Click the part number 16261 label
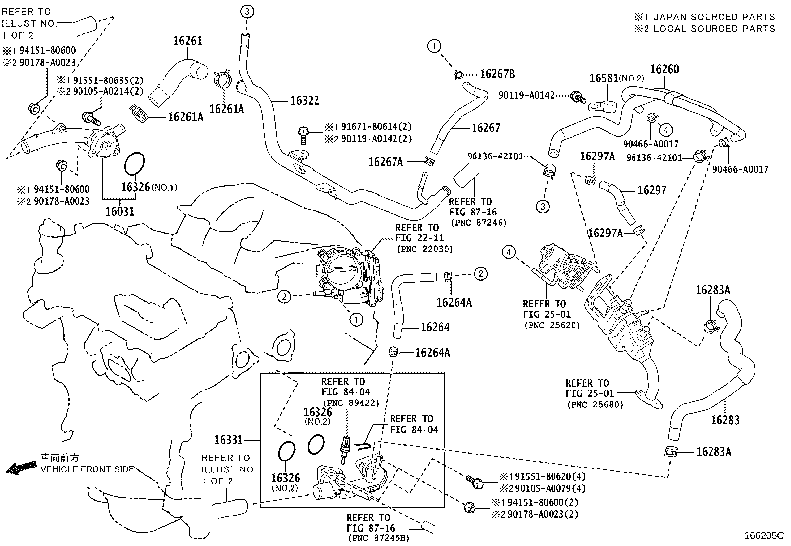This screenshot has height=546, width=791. pos(188,41)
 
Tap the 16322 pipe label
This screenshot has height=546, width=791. pos(305,101)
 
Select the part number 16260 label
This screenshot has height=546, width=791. pos(664,69)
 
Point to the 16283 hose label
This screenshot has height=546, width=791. pos(725,420)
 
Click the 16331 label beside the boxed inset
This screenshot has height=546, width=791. pos(229,440)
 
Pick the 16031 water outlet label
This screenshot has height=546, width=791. pos(120,211)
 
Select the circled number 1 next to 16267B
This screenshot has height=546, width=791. pos(434,47)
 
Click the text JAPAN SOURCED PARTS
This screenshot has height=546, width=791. pos(714,17)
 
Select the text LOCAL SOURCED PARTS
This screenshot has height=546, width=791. pos(714,28)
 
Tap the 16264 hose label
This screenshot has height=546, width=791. pos(435,327)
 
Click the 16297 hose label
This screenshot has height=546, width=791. pos(652,190)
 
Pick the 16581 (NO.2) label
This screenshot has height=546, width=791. pos(616,78)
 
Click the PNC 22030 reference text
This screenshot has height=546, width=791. pos(424,249)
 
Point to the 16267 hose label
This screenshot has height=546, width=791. pos(485,128)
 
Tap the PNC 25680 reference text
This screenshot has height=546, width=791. pos(595,404)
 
